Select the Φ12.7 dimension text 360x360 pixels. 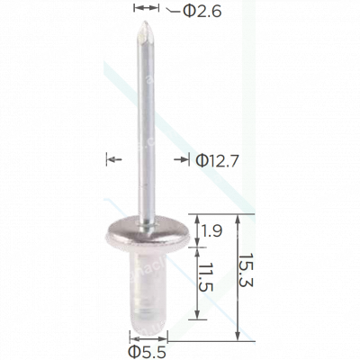click(x=215, y=160)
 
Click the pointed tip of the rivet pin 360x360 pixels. click(x=142, y=28)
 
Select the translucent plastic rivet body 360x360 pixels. click(x=144, y=280)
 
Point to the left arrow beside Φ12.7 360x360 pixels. click(x=112, y=160)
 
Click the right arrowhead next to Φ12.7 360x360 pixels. click(x=180, y=160)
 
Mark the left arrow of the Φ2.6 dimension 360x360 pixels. click(x=138, y=9)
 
